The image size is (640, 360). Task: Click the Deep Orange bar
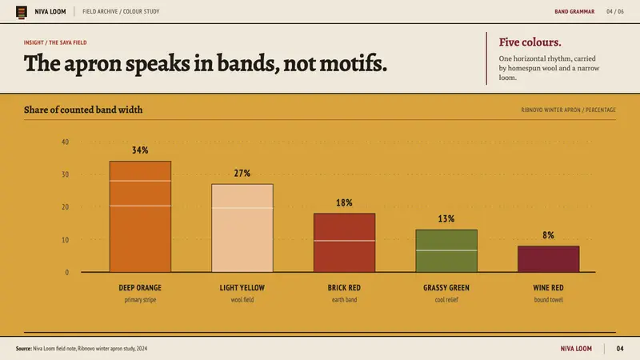click(140, 216)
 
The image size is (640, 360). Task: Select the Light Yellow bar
click(242, 228)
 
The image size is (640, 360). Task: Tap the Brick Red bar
click(344, 242)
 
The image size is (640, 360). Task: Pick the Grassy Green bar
click(446, 250)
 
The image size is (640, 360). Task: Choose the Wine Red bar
click(548, 258)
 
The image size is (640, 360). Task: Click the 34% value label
click(140, 150)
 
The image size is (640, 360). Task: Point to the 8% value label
click(548, 235)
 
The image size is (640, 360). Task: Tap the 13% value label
click(446, 218)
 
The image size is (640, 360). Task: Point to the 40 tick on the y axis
click(66, 142)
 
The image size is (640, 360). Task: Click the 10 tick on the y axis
click(66, 239)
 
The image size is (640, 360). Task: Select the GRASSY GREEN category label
click(446, 288)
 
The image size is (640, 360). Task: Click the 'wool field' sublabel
click(242, 299)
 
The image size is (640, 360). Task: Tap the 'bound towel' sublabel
click(548, 299)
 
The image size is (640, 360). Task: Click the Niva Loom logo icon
click(22, 12)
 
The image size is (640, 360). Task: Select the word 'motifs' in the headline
click(352, 64)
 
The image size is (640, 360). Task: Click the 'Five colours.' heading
click(530, 42)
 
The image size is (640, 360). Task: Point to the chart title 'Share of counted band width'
click(83, 110)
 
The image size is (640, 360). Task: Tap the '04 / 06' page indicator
click(615, 11)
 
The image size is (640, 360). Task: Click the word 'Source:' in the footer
click(24, 349)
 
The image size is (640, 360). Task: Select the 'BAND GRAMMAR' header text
click(574, 11)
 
